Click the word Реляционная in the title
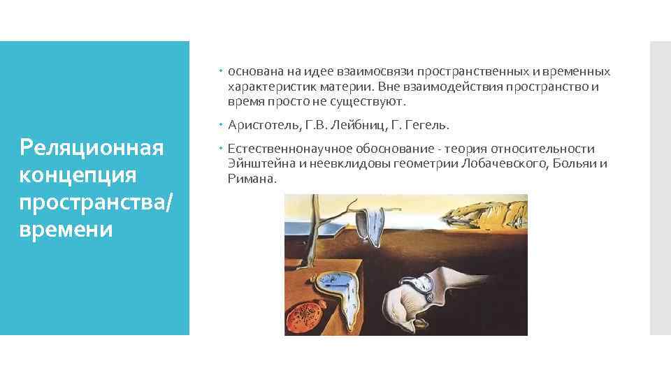point(92,148)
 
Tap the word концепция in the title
point(69,175)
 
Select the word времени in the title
point(66,229)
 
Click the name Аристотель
point(261,126)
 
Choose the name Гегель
point(428,126)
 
